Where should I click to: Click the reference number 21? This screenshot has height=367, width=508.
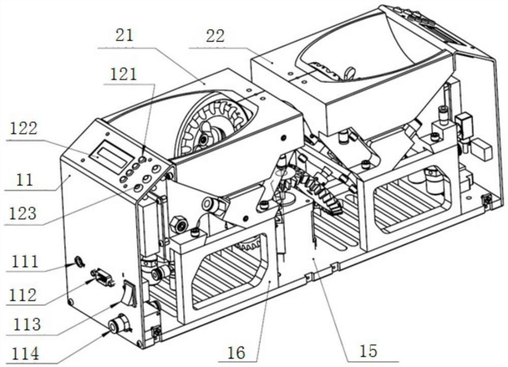125,35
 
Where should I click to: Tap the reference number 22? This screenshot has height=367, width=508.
215,36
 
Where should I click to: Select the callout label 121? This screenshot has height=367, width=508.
124,74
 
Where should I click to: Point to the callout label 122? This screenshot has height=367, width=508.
24,128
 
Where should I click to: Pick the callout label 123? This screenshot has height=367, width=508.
23,214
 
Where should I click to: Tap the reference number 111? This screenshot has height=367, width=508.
25,261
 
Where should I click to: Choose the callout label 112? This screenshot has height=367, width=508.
23,295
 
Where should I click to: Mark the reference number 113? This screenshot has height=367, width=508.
27,324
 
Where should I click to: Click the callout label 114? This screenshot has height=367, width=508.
25,354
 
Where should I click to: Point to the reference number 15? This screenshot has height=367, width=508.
369,351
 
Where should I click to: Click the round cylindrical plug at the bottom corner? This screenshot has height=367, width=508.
118,324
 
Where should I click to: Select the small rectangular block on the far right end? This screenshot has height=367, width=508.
482,150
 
